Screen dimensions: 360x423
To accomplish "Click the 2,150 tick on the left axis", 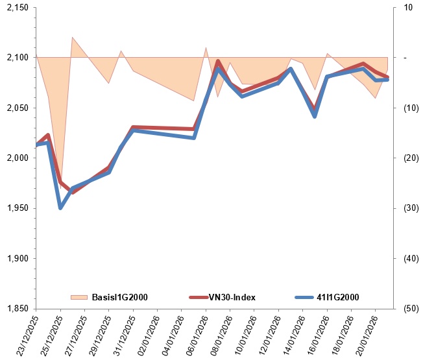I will pyautogui.click(x=19, y=8).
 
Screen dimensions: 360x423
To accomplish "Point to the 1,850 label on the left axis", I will pyautogui.click(x=19, y=309).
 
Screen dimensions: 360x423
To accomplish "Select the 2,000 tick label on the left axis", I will pyautogui.click(x=19, y=158).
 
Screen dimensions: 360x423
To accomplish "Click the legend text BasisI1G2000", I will pyautogui.click(x=120, y=297).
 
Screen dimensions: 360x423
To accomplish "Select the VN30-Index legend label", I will pyautogui.click(x=232, y=297).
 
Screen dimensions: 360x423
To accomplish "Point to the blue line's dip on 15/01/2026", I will pyautogui.click(x=315, y=116).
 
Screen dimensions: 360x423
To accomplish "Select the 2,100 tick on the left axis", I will pyautogui.click(x=19, y=58).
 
